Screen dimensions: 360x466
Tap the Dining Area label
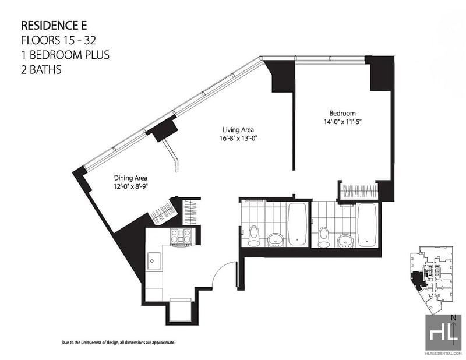(x=130, y=178)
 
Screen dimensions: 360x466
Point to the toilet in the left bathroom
(x=253, y=235)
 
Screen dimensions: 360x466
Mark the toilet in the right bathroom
(x=324, y=235)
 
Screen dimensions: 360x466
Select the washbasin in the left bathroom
(x=275, y=239)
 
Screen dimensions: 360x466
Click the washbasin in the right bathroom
(x=345, y=239)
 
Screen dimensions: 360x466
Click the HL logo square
(x=443, y=333)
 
